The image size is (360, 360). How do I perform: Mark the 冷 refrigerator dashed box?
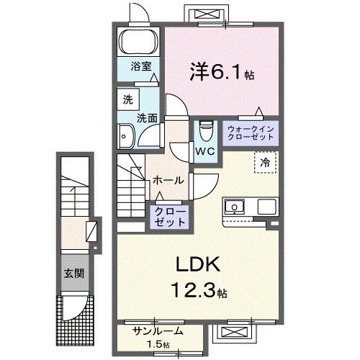(x=264, y=163)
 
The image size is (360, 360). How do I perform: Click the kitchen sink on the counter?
(x=234, y=207)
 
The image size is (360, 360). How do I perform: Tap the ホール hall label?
(x=168, y=180)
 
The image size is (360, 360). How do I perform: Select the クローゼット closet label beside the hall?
(x=168, y=217)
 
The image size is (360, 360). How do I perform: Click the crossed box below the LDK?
(x=235, y=333)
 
